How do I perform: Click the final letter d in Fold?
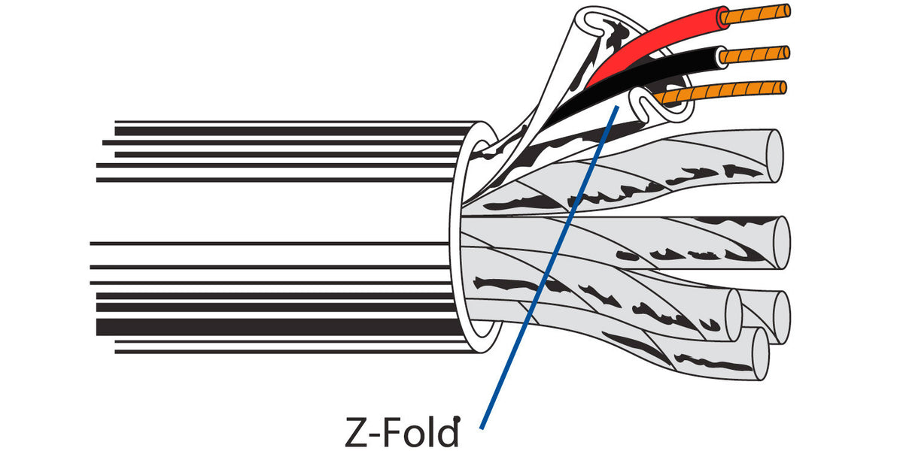coord(448,431)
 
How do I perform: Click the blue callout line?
coord(549,268)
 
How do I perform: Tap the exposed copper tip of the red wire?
coord(755,14)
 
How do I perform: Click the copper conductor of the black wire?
coord(754,55)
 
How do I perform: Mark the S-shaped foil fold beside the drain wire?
coord(645,106)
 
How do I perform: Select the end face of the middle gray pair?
coord(781,243)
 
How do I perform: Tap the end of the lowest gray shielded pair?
coord(760,354)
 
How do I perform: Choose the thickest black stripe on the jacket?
coord(278,327)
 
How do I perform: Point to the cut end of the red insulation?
coord(723,18)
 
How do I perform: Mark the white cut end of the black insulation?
coord(722,57)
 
